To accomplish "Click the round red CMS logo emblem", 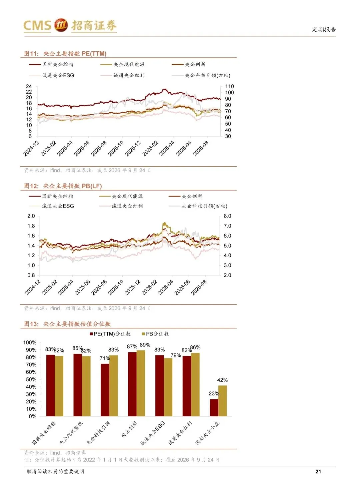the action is tap(61, 25).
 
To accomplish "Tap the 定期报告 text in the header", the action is tap(324, 29).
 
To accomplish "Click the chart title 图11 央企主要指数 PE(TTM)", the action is tap(65, 54).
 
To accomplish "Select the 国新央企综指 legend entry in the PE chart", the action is tap(51, 64).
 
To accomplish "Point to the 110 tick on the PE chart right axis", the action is tap(229, 86).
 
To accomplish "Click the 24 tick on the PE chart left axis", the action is tap(29, 86).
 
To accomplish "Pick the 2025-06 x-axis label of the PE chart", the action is tap(82, 148).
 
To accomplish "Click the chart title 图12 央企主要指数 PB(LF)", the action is tap(63, 186).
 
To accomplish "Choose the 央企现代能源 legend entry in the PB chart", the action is tap(121, 196).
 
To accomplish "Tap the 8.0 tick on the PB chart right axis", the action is tap(227, 216).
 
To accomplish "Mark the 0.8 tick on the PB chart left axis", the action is tap(31, 275).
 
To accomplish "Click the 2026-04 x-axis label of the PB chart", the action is tap(165, 287).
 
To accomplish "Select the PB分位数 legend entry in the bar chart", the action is tap(155, 334).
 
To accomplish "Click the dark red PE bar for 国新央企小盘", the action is tap(214, 408).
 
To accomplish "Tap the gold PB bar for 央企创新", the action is tap(141, 383).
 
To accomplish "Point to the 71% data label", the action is tap(105, 358).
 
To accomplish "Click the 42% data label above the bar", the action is tap(222, 380).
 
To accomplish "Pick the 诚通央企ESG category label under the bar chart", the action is tap(152, 433).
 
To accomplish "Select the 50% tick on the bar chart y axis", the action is tap(31, 379).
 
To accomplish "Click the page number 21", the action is tap(318, 472).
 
